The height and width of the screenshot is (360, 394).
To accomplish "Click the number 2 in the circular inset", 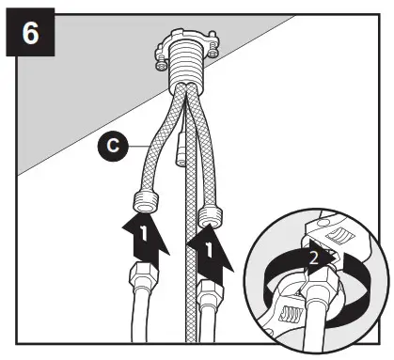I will pyautogui.click(x=317, y=254).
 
